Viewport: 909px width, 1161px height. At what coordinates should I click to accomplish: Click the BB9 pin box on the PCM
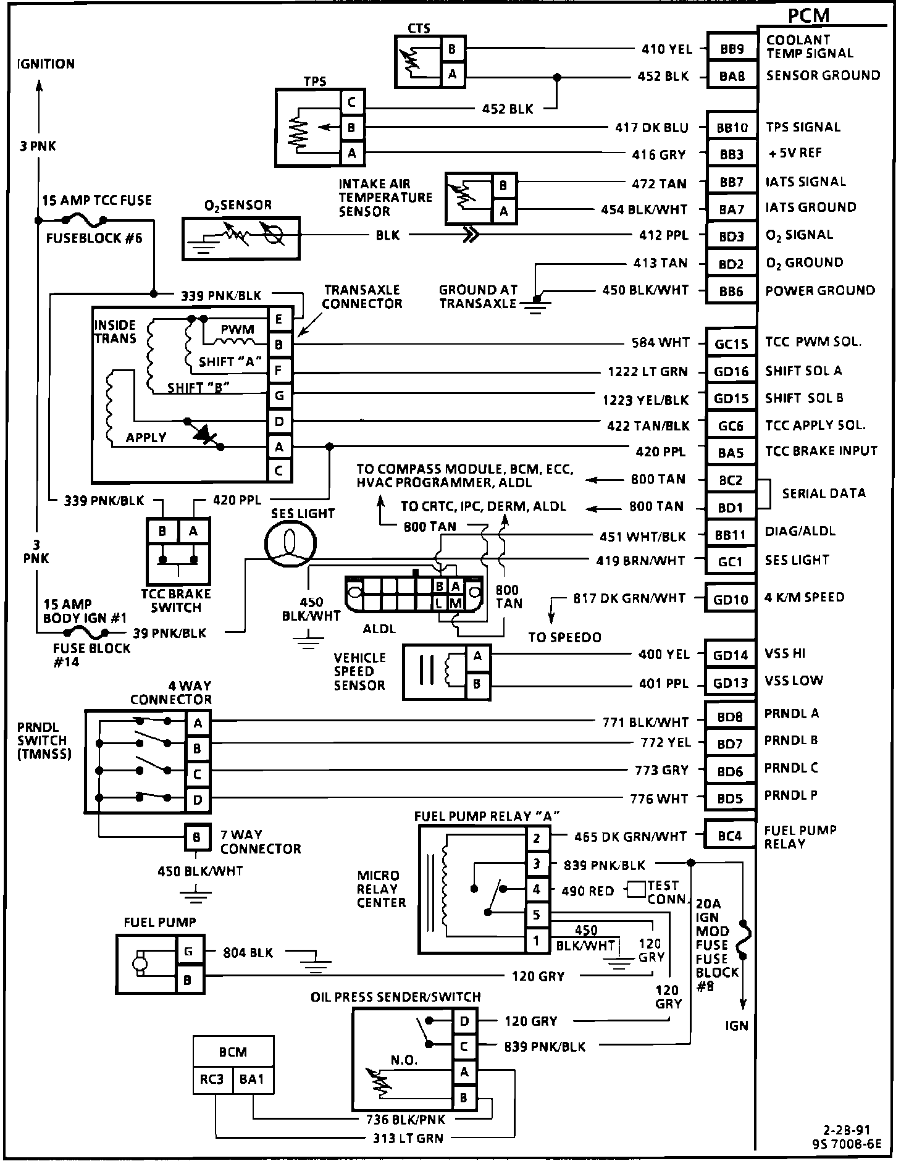click(x=732, y=49)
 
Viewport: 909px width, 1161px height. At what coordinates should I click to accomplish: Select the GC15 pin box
click(x=731, y=343)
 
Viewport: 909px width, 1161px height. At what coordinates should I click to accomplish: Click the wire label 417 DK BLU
click(x=651, y=128)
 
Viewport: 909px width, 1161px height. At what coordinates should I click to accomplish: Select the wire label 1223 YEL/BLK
click(x=645, y=400)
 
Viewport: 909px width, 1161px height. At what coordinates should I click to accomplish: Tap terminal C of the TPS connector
click(x=352, y=102)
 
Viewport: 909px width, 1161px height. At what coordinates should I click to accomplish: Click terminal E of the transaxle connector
click(x=279, y=319)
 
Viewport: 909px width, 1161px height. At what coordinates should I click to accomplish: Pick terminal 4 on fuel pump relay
click(x=537, y=890)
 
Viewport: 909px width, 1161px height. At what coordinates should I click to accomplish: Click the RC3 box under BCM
click(x=212, y=1079)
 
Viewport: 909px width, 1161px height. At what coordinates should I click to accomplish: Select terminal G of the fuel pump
click(x=188, y=952)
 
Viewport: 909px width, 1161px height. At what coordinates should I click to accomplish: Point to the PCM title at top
click(x=809, y=15)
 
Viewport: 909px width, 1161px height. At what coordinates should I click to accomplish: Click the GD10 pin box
click(x=731, y=599)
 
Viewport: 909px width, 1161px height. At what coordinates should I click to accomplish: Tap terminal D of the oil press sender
click(x=464, y=1021)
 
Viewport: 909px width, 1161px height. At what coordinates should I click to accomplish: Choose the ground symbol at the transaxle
click(x=535, y=304)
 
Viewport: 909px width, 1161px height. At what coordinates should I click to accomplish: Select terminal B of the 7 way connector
click(x=196, y=837)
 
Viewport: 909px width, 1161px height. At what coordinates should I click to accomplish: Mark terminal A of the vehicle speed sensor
click(x=477, y=656)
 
